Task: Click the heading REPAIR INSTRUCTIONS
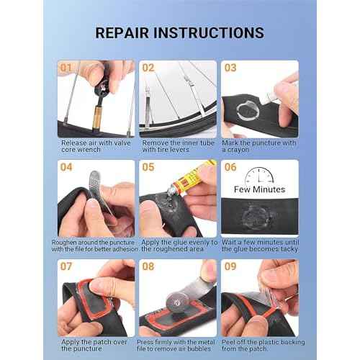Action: [179, 33]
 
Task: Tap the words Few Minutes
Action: [260, 189]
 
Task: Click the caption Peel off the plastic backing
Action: [259, 346]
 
